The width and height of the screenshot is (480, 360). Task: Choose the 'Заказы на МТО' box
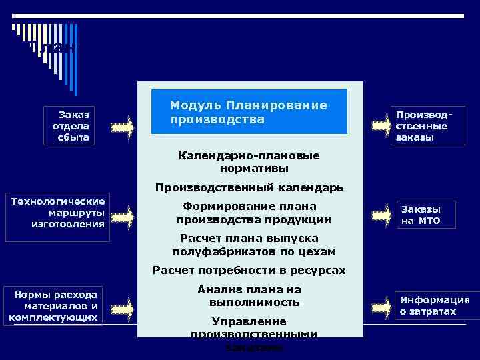click(x=426, y=215)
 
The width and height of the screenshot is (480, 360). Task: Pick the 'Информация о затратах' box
click(x=434, y=306)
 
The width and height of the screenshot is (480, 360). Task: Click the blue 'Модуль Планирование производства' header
click(x=248, y=112)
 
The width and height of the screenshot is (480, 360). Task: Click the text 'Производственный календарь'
click(x=249, y=188)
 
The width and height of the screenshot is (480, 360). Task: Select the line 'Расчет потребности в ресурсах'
click(x=249, y=270)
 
